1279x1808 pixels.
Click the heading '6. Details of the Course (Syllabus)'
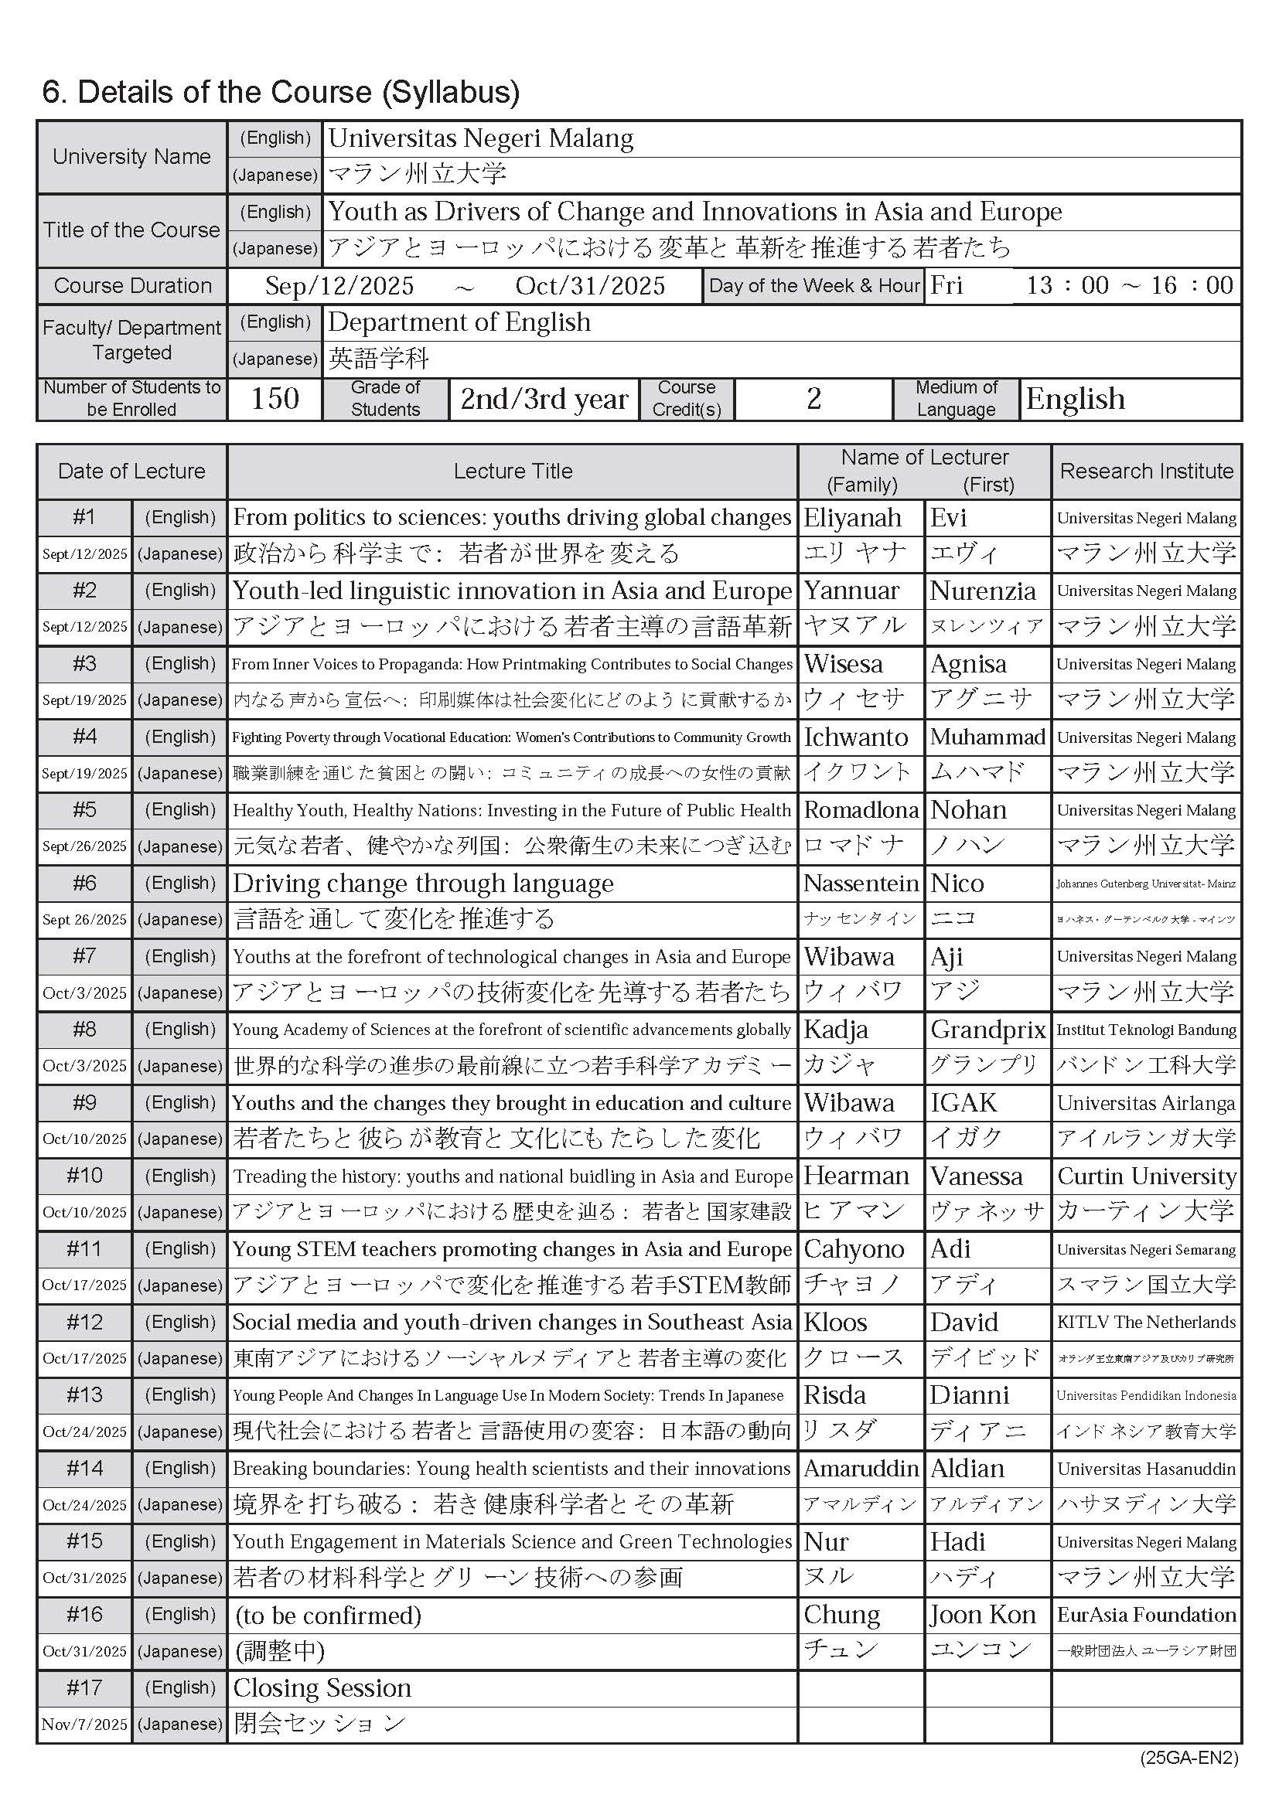coord(281,92)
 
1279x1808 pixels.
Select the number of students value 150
coord(275,398)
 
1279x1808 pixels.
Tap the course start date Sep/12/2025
coord(339,286)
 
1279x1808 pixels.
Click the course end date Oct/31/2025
coord(590,286)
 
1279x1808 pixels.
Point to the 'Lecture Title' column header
coord(512,471)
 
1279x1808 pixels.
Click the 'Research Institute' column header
coord(1146,471)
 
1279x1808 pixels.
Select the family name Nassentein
coord(861,884)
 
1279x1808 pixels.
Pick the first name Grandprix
coord(987,1029)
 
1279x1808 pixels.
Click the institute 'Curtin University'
coord(1146,1176)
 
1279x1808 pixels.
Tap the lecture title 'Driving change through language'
coord(423,884)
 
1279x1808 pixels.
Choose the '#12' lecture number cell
coord(84,1322)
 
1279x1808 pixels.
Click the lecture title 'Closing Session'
coord(322,1688)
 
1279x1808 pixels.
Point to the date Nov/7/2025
coord(84,1725)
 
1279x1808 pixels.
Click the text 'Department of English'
coord(459,322)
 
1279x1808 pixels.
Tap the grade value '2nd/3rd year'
coord(544,399)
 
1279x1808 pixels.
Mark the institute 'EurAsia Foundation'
coord(1146,1615)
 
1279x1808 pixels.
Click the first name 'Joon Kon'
coord(982,1615)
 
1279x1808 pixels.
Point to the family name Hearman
coord(856,1176)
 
